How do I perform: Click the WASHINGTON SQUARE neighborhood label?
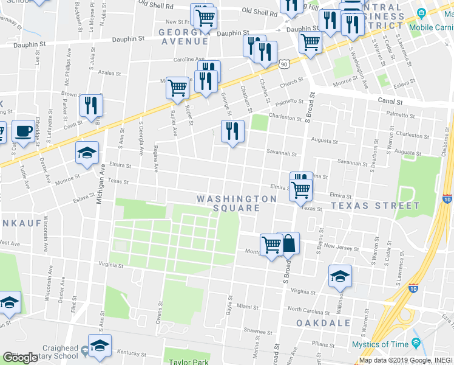237,203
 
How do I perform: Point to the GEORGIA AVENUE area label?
183,37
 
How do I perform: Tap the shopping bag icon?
290,243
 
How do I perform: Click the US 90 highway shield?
284,63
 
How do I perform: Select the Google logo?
20,358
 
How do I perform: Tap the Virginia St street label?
110,265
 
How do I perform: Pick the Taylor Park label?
188,361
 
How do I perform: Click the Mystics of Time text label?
380,344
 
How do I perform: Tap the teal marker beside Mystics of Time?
416,343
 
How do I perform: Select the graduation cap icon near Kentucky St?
100,346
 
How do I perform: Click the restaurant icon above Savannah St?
232,131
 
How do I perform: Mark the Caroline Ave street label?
189,60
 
